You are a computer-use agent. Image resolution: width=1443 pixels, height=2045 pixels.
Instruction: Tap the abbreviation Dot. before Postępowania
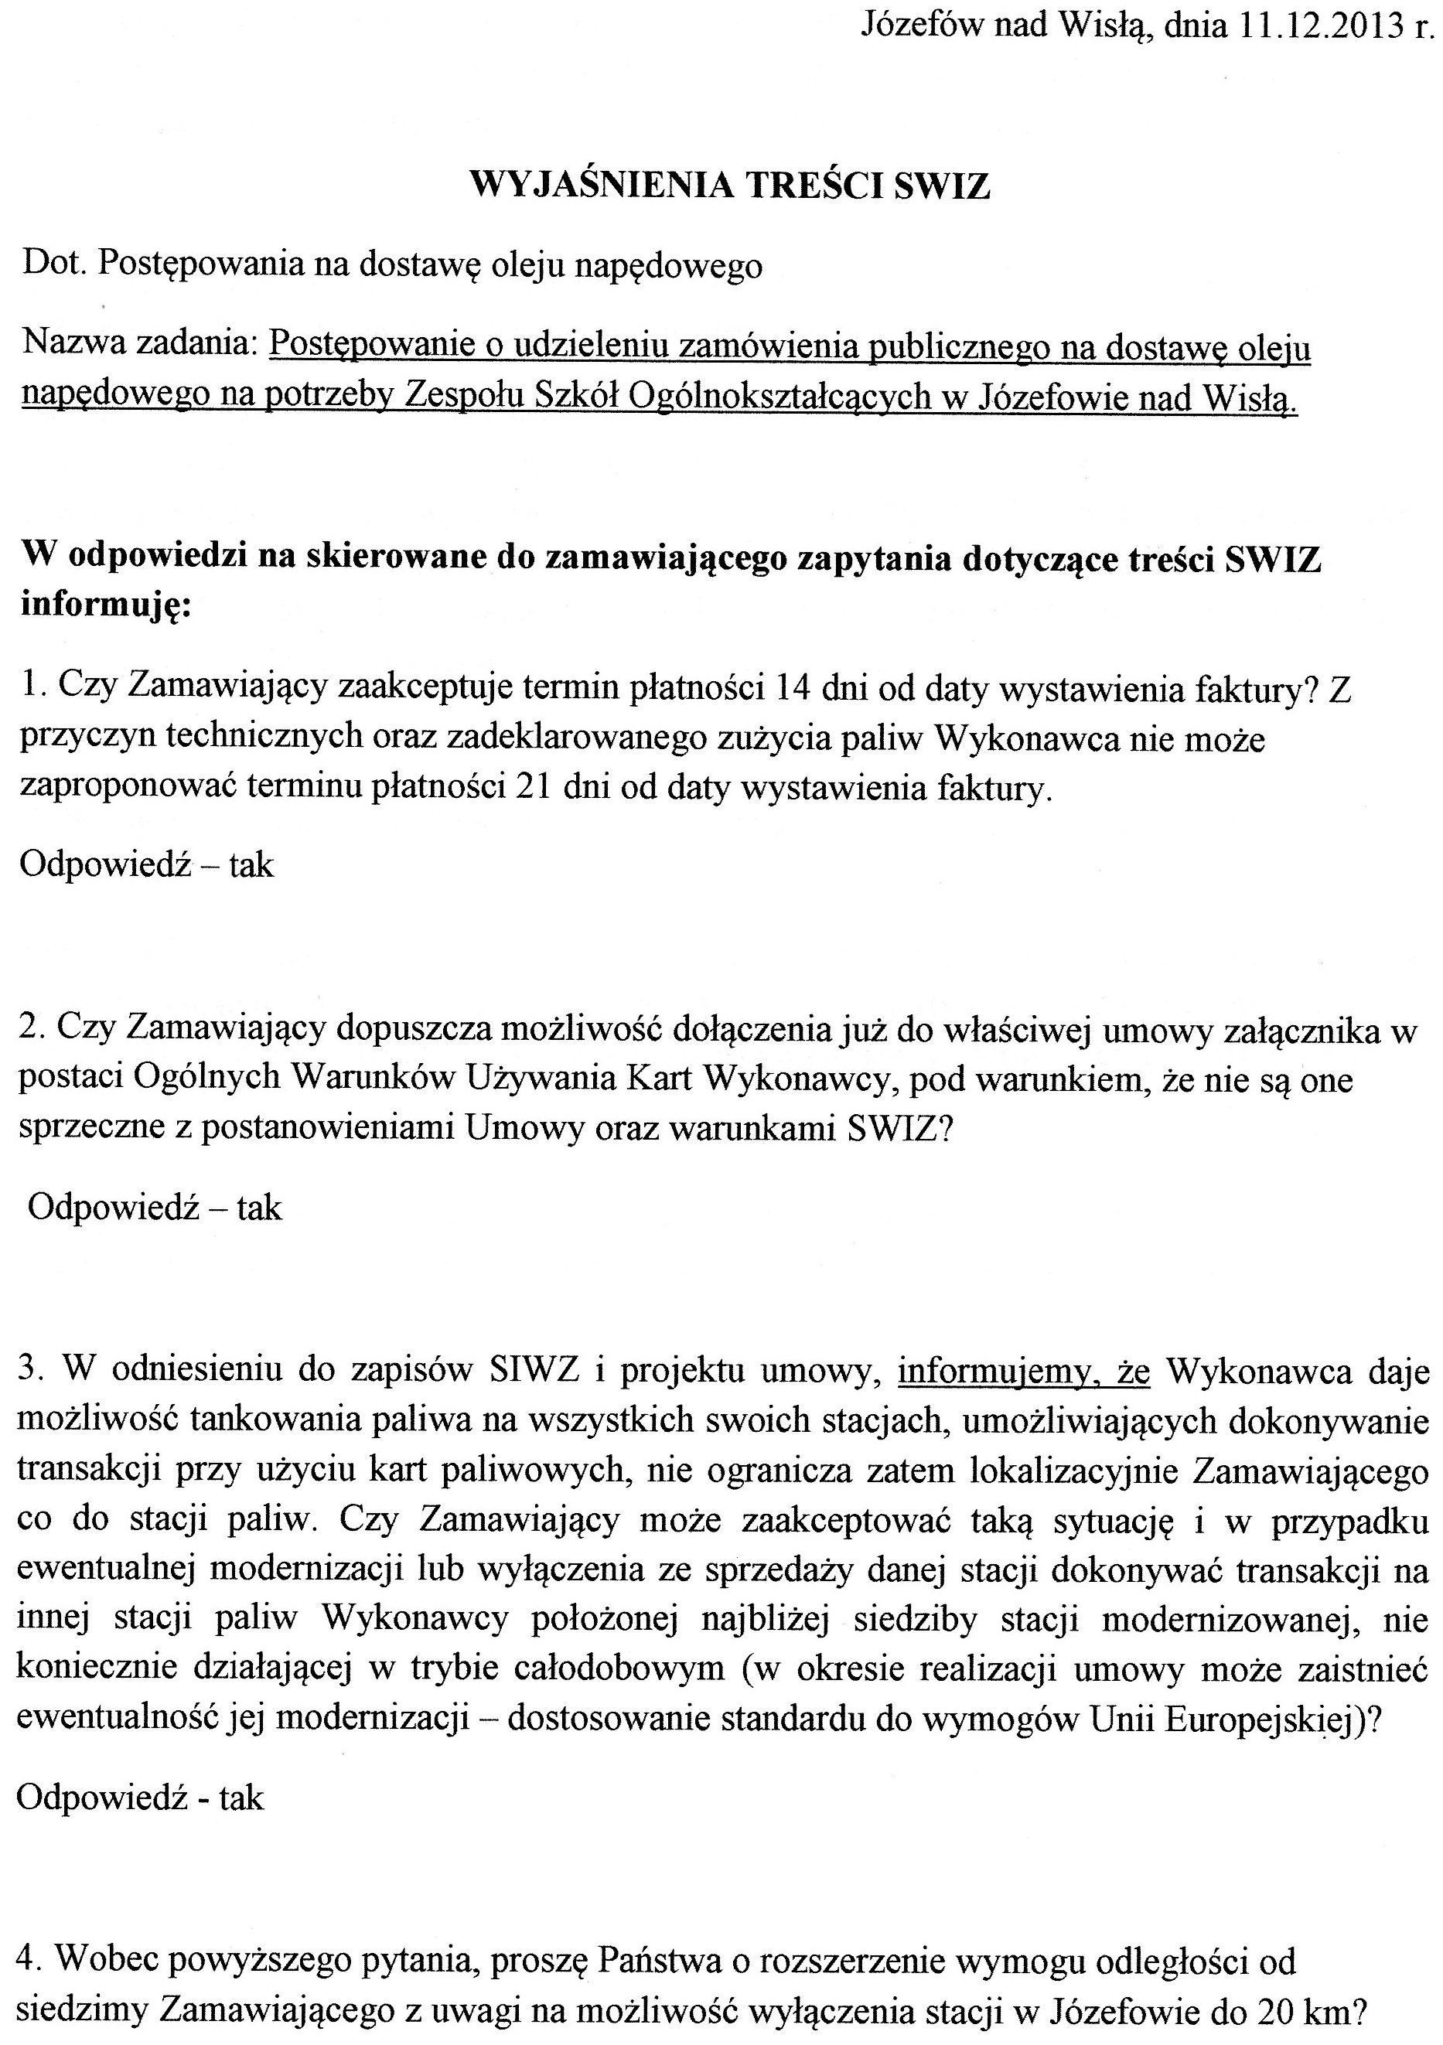click(54, 264)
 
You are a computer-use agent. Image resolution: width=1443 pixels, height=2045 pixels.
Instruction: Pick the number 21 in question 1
click(533, 787)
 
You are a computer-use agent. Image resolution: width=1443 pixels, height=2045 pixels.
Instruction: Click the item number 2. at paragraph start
click(33, 1029)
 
